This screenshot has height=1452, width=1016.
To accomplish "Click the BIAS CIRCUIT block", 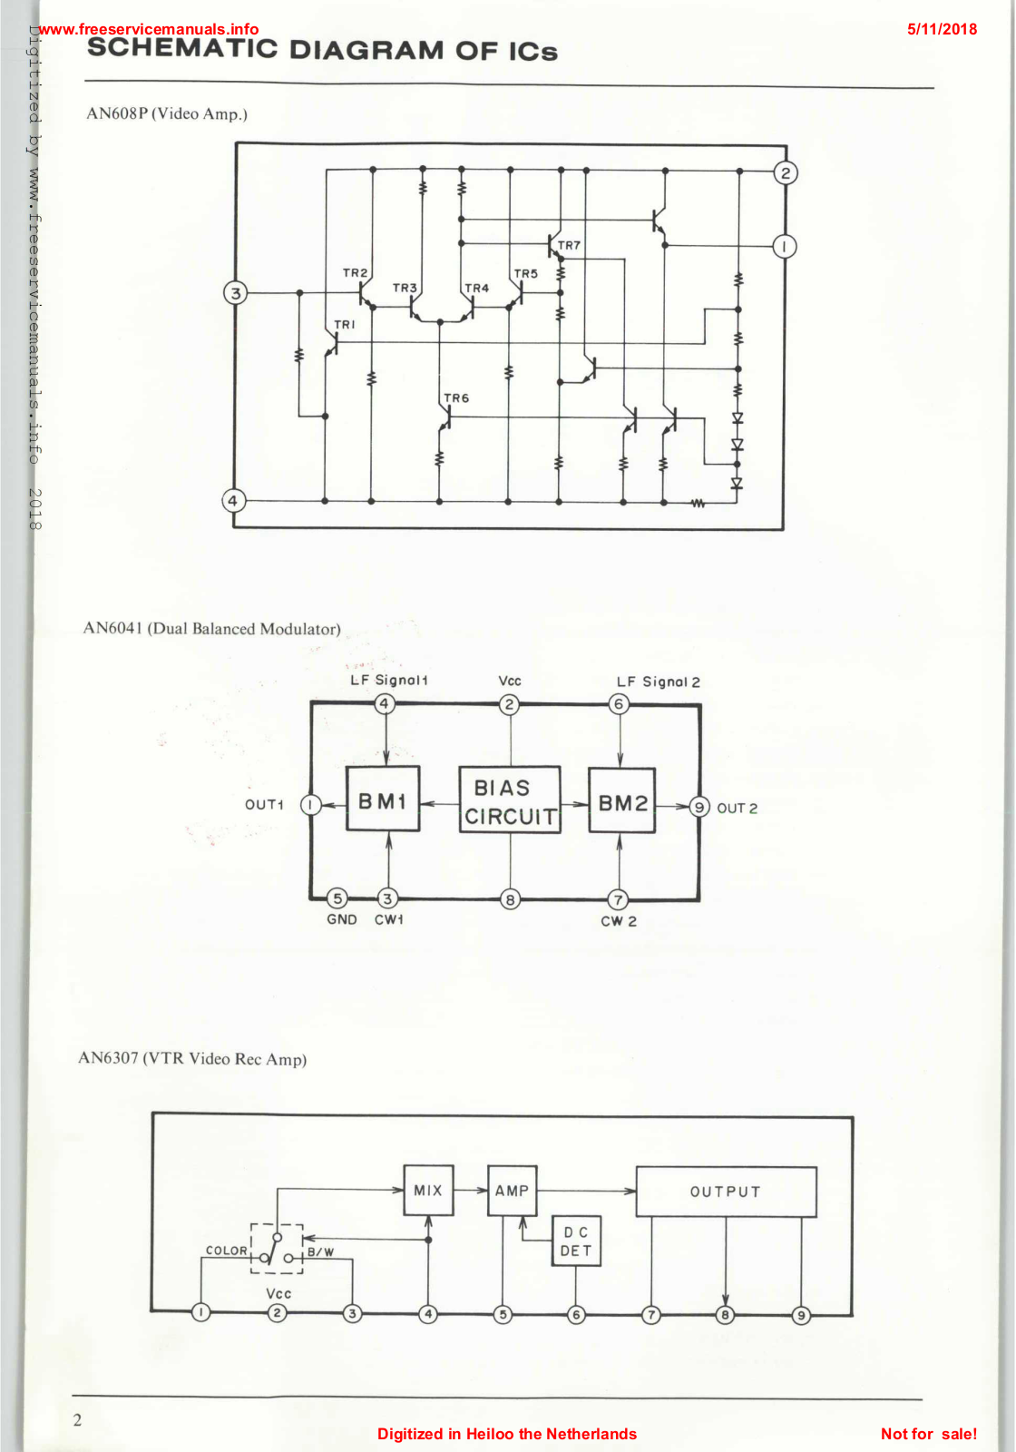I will click(x=510, y=800).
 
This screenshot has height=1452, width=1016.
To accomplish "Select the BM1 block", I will click(x=383, y=800).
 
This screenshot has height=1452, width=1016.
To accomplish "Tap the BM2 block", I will click(x=621, y=801).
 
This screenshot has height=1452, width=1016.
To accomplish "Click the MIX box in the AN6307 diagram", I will click(x=428, y=1190).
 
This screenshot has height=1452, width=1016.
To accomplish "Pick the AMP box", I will click(x=512, y=1190).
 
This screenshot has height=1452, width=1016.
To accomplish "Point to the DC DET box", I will click(x=576, y=1241).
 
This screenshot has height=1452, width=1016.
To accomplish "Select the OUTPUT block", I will click(x=726, y=1192).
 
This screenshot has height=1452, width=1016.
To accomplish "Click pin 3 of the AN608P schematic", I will click(x=236, y=293).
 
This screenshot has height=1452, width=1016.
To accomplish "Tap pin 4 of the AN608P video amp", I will click(x=234, y=500).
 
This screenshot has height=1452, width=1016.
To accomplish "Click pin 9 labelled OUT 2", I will click(x=698, y=807).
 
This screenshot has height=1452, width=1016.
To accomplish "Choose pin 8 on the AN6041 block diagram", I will click(x=511, y=899).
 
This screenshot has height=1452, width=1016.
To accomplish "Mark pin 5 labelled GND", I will click(x=337, y=898).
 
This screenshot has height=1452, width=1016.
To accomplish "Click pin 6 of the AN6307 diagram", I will click(x=576, y=1314).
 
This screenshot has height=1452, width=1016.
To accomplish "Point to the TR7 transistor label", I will click(x=569, y=246).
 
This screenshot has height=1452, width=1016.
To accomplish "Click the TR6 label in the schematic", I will click(x=456, y=398).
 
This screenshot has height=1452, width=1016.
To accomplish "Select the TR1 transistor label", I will click(x=345, y=325).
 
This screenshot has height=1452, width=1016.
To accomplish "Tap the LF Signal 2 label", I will click(x=659, y=682).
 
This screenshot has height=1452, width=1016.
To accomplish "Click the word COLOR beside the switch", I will click(x=226, y=1251).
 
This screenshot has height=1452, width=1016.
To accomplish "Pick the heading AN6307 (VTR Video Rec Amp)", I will click(x=192, y=1059).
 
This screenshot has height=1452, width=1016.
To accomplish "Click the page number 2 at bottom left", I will click(x=77, y=1420).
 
